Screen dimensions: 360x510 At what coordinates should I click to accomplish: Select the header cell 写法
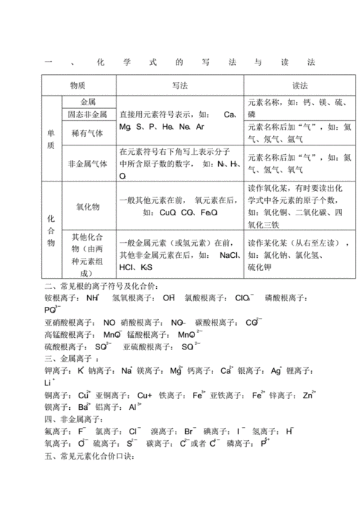pyautogui.click(x=180, y=85)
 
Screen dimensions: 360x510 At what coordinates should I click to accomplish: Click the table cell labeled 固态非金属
pyautogui.click(x=87, y=115)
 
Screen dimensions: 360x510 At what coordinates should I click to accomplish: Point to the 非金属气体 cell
pyautogui.click(x=87, y=164)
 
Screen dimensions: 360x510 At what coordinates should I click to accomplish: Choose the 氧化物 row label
pyautogui.click(x=87, y=205)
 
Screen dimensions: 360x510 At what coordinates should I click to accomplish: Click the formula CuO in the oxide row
pyautogui.click(x=168, y=213)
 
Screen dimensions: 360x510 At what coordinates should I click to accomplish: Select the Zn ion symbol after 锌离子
pyautogui.click(x=308, y=395)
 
